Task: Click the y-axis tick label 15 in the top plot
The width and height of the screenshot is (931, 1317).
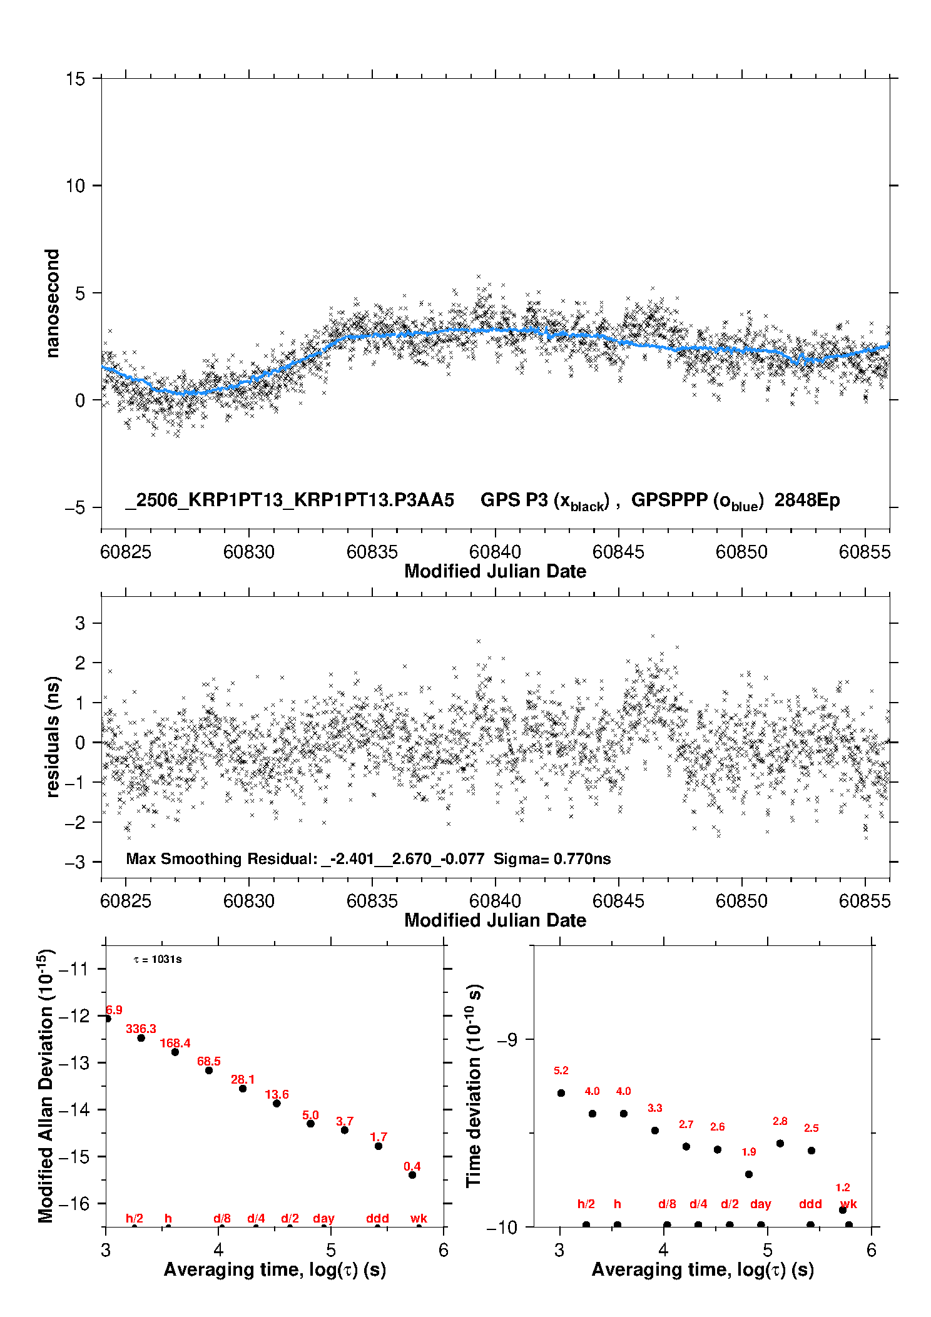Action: click(x=75, y=79)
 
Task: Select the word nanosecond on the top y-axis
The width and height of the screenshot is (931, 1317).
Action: click(x=52, y=303)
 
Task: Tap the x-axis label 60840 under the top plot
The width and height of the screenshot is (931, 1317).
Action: click(x=495, y=552)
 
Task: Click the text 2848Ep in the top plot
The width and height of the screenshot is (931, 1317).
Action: click(x=807, y=501)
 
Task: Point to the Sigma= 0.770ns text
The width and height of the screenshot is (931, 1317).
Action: click(x=552, y=858)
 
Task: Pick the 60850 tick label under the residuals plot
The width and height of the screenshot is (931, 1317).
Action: click(x=741, y=901)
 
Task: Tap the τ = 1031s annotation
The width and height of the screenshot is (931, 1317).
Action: click(x=158, y=960)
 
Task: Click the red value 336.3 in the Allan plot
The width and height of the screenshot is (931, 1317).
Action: click(x=141, y=1029)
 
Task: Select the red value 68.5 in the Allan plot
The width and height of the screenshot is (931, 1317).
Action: click(x=209, y=1061)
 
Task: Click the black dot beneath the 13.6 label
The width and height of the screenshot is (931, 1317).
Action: click(x=277, y=1103)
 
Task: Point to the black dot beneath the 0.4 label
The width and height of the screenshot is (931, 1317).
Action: click(x=412, y=1175)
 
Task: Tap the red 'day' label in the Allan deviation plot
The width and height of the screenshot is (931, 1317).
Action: click(x=323, y=1219)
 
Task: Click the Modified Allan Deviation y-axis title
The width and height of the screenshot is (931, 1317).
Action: click(x=46, y=1086)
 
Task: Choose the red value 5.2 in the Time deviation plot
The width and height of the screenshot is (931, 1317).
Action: click(x=561, y=1070)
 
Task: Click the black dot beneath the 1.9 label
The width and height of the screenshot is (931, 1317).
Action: click(x=749, y=1174)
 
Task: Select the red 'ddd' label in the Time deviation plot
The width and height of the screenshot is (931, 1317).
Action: click(x=810, y=1204)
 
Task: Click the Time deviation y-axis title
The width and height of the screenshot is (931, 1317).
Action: click(x=474, y=1086)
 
